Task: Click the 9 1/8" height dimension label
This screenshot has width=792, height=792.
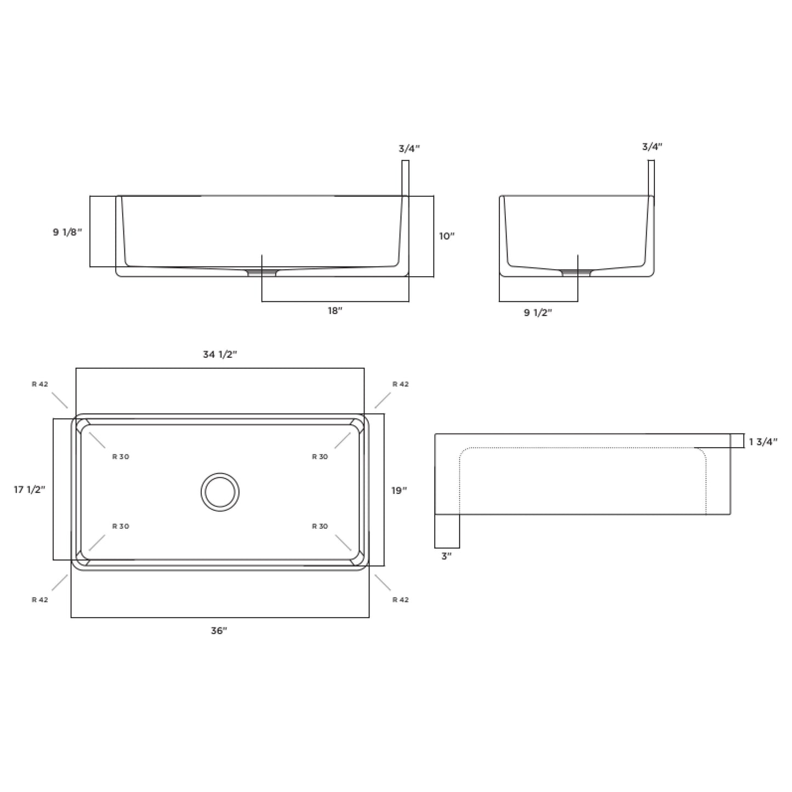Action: [x=67, y=232]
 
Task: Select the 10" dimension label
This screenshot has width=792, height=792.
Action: [x=447, y=236]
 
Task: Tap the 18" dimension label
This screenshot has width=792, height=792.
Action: [x=335, y=311]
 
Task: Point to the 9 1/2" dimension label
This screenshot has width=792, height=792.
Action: [x=538, y=313]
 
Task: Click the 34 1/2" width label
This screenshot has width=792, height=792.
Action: [x=220, y=355]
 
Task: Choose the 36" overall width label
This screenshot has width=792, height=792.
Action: [x=219, y=631]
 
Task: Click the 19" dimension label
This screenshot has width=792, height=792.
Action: [x=399, y=491]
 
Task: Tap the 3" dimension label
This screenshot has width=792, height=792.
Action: [x=446, y=556]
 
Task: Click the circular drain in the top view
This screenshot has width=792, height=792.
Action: [x=220, y=492]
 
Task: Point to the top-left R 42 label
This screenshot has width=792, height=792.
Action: [x=40, y=384]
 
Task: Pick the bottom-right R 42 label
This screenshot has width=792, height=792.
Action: [x=401, y=600]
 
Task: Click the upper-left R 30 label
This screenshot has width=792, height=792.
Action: [x=121, y=457]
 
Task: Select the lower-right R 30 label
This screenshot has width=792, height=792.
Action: [x=320, y=526]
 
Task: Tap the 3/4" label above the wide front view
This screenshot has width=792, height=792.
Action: [x=409, y=149]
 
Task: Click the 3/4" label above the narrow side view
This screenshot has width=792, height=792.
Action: [x=652, y=147]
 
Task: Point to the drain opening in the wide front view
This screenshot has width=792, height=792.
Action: [x=262, y=272]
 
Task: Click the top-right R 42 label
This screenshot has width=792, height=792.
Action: [x=401, y=384]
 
